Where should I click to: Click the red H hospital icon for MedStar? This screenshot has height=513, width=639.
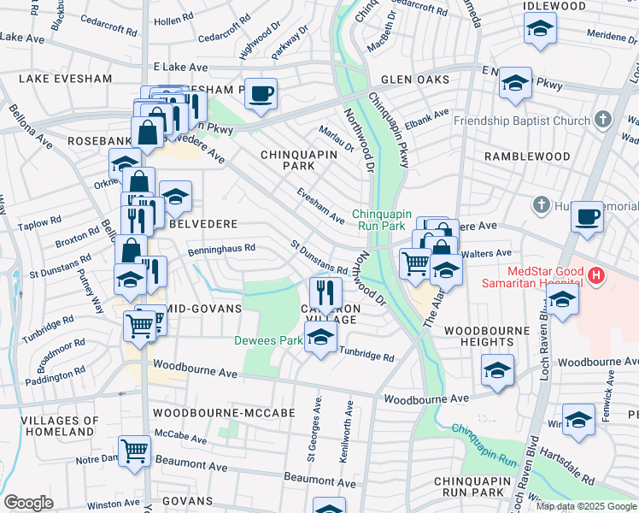coord(596,276)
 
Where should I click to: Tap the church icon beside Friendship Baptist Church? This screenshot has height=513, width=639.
coord(604,120)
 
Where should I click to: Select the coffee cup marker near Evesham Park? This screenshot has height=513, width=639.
coord(261,92)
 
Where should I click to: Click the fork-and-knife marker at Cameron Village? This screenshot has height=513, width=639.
coord(324,291)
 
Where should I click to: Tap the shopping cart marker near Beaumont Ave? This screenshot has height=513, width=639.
coord(135,451)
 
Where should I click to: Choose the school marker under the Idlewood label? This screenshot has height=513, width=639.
coord(539,30)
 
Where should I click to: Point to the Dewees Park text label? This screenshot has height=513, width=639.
coord(268,340)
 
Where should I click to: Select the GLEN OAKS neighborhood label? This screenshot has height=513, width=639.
coord(415,80)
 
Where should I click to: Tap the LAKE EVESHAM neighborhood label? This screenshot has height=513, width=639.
coord(65,79)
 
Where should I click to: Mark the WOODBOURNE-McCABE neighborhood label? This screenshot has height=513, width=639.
coord(223,413)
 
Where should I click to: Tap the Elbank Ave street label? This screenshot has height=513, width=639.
coord(426,117)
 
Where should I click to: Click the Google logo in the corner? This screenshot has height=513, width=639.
coord(29,502)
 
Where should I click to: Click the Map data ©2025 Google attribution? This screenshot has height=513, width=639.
coord(584,506)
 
